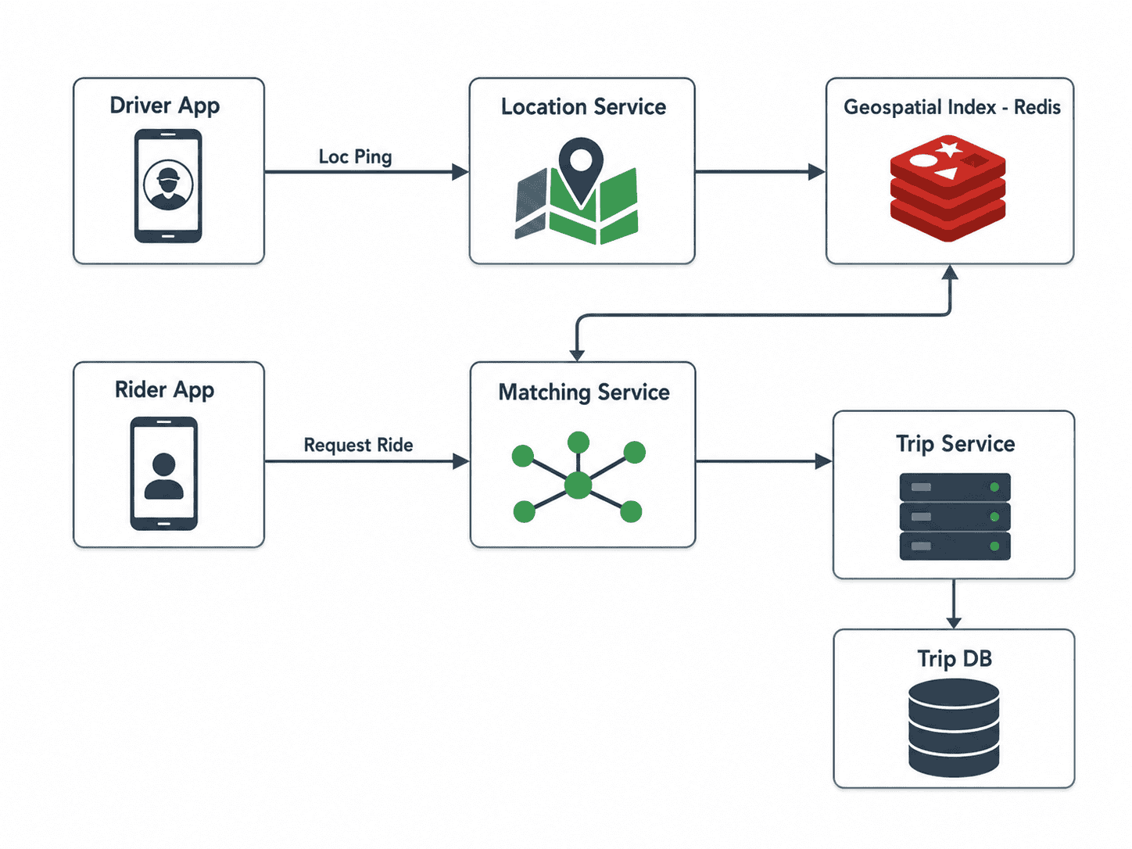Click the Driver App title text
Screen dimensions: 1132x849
coord(164,106)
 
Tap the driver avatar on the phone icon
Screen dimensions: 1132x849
coord(168,185)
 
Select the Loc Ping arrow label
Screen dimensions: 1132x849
coord(356,156)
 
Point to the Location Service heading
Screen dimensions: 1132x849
coord(583,106)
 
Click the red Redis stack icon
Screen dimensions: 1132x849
coord(948,188)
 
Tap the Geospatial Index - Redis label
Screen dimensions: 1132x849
coord(952,107)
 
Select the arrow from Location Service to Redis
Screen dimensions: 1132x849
coord(760,172)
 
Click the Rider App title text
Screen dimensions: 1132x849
coord(164,390)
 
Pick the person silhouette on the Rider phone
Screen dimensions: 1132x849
coord(164,476)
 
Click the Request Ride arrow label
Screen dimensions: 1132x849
coord(358,445)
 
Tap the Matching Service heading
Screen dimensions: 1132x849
coord(584,392)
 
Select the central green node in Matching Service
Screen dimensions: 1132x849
coord(579,485)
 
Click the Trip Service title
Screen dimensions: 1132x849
coord(955,444)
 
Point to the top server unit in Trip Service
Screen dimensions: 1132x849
coord(955,486)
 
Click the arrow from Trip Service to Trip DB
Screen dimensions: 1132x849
coord(954,604)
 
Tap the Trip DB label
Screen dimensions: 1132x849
coord(955,659)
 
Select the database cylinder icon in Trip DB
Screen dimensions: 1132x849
coord(954,728)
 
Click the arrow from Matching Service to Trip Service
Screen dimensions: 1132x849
coord(764,461)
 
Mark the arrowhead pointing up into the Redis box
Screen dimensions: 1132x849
coord(950,272)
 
